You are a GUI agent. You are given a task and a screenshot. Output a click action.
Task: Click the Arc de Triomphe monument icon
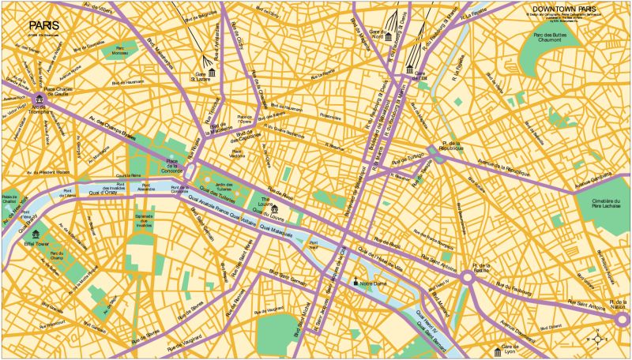[x=39, y=99]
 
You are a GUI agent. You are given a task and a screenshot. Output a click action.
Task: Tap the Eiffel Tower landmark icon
[x=35, y=233]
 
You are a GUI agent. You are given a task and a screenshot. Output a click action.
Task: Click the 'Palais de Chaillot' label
[x=10, y=198]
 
